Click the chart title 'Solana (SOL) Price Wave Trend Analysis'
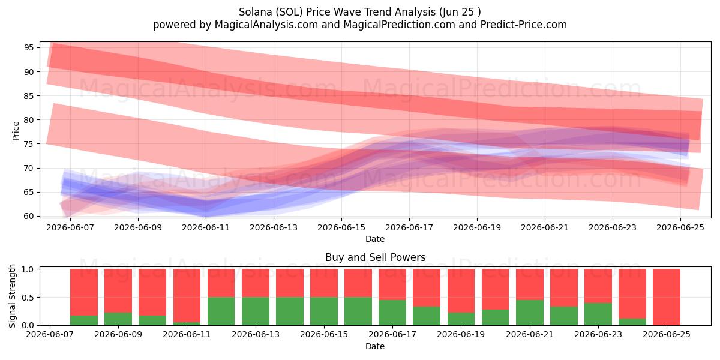[x=337, y=12]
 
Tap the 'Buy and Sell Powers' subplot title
[x=375, y=257]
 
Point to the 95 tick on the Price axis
[x=29, y=47]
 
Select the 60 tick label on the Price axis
[x=29, y=216]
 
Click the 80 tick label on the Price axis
[x=29, y=120]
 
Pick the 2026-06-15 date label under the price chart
[x=341, y=227]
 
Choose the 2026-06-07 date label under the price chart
[x=70, y=227]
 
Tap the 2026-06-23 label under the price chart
[x=613, y=227]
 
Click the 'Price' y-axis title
[x=16, y=131]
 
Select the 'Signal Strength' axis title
[x=12, y=296]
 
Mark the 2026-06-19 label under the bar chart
[x=461, y=335]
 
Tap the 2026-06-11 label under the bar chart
[x=187, y=335]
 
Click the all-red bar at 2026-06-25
[x=667, y=297]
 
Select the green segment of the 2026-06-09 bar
[x=118, y=319]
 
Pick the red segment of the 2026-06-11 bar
[x=187, y=295]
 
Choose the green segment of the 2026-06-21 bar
[x=530, y=313]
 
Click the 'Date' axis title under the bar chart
[x=375, y=346]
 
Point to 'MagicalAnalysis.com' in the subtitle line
[x=266, y=25]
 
